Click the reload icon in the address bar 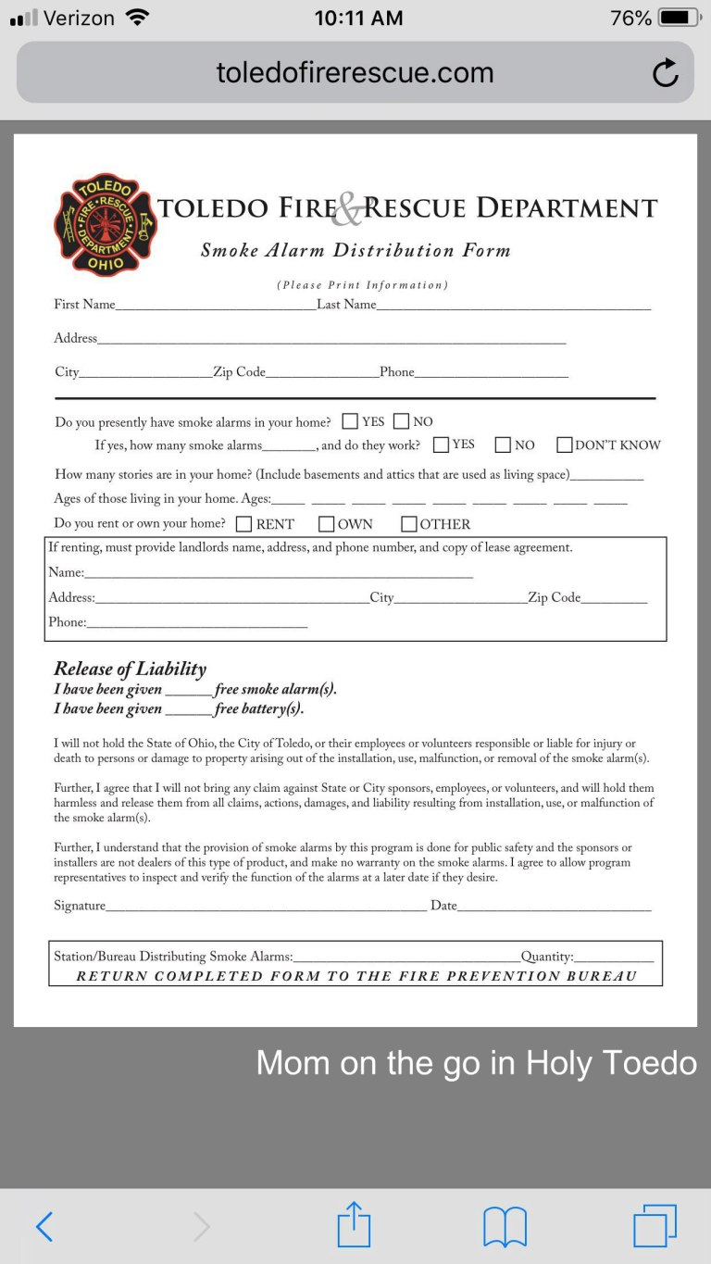point(665,73)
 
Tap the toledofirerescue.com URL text point(355,73)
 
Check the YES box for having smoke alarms point(351,421)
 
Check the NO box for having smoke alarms point(401,421)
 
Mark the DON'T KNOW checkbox point(565,444)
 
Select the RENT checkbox point(244,524)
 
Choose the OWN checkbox point(326,524)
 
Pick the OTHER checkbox point(409,524)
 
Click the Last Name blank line point(514,306)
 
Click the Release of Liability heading point(130,669)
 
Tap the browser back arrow point(44,1227)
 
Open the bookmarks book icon point(505,1227)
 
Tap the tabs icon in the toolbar point(655,1226)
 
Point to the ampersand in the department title point(347,210)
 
